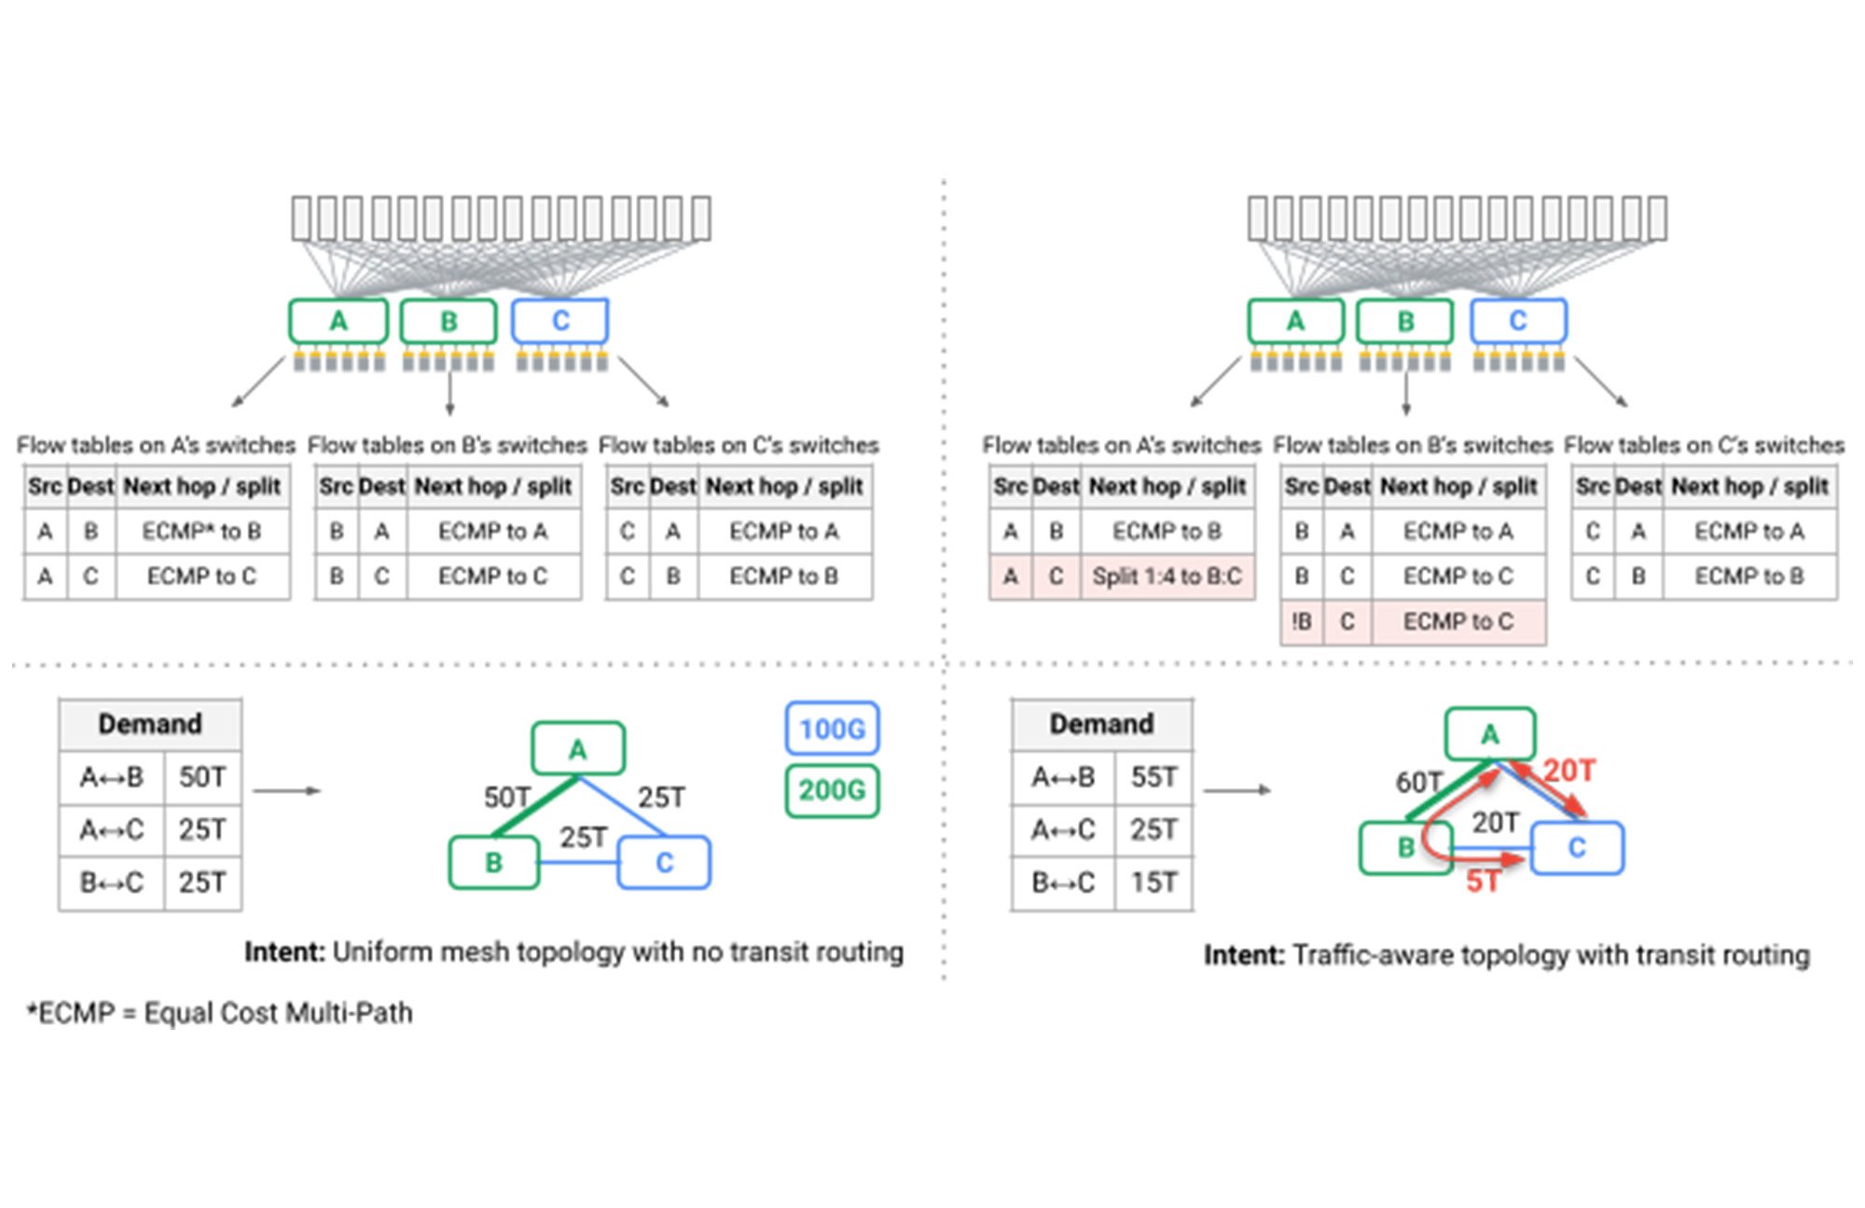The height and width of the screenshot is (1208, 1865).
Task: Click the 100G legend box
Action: click(832, 729)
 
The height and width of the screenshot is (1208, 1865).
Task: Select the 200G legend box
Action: click(832, 791)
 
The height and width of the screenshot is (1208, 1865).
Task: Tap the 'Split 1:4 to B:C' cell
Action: click(1167, 576)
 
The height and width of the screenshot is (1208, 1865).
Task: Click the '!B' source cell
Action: click(1302, 621)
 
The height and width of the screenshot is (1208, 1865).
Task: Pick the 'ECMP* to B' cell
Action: click(201, 532)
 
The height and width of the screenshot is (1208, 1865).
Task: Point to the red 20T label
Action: click(1568, 771)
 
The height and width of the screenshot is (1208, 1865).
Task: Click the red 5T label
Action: click(1483, 881)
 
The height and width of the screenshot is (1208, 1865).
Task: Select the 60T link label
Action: click(1418, 782)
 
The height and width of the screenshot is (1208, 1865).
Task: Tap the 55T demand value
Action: click(1154, 777)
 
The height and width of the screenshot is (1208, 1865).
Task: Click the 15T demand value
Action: click(1154, 882)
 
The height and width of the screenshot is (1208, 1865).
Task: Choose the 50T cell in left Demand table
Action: click(202, 777)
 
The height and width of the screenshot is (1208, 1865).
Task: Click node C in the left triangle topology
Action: click(664, 863)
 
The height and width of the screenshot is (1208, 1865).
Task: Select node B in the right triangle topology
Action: click(1405, 848)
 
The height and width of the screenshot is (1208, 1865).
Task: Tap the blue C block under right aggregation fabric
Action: click(1518, 321)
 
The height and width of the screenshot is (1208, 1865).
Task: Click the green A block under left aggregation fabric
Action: click(338, 321)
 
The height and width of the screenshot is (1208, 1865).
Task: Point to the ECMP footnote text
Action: click(220, 1013)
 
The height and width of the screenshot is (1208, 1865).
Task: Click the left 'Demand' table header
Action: click(150, 724)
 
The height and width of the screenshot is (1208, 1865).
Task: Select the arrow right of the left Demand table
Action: click(286, 791)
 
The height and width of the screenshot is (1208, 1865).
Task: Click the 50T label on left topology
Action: click(506, 798)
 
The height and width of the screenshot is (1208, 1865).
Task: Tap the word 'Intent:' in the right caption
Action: click(1244, 955)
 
